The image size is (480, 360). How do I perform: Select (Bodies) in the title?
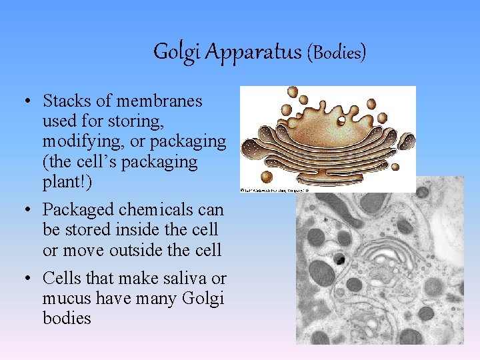(336, 52)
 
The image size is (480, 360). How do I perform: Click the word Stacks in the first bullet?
(65, 101)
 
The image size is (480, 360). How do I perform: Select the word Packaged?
(78, 210)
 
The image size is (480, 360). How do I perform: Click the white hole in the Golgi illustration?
(341, 121)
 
